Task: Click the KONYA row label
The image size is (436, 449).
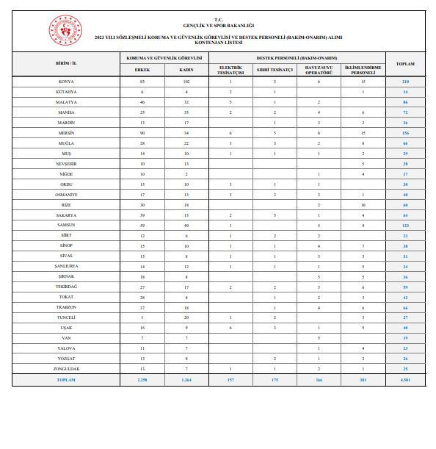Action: tap(65, 82)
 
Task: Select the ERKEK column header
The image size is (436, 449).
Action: tap(142, 70)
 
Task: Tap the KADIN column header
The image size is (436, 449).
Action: tap(186, 70)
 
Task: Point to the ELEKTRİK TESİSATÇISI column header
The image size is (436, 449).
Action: tap(230, 70)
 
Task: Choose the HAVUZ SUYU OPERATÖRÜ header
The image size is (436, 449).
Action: tap(319, 70)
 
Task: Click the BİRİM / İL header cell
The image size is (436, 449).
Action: tap(65, 64)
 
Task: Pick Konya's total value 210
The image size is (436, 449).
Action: tap(405, 82)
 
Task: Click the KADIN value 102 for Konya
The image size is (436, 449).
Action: tap(186, 82)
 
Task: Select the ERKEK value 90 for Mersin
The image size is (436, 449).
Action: tap(142, 133)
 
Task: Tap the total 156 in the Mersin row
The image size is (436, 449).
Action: tap(405, 133)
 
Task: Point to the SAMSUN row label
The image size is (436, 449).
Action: tap(65, 225)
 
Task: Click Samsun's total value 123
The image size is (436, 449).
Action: tap(405, 225)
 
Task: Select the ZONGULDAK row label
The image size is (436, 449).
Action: tap(65, 368)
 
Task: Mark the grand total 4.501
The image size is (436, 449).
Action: tap(405, 380)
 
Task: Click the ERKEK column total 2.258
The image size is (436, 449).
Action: tap(142, 380)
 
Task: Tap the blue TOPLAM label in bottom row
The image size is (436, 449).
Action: tap(65, 380)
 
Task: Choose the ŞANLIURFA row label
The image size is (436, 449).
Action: tap(65, 266)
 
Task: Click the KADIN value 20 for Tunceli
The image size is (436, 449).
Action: tap(186, 317)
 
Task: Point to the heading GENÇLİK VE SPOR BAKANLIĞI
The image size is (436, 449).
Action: tap(218, 26)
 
